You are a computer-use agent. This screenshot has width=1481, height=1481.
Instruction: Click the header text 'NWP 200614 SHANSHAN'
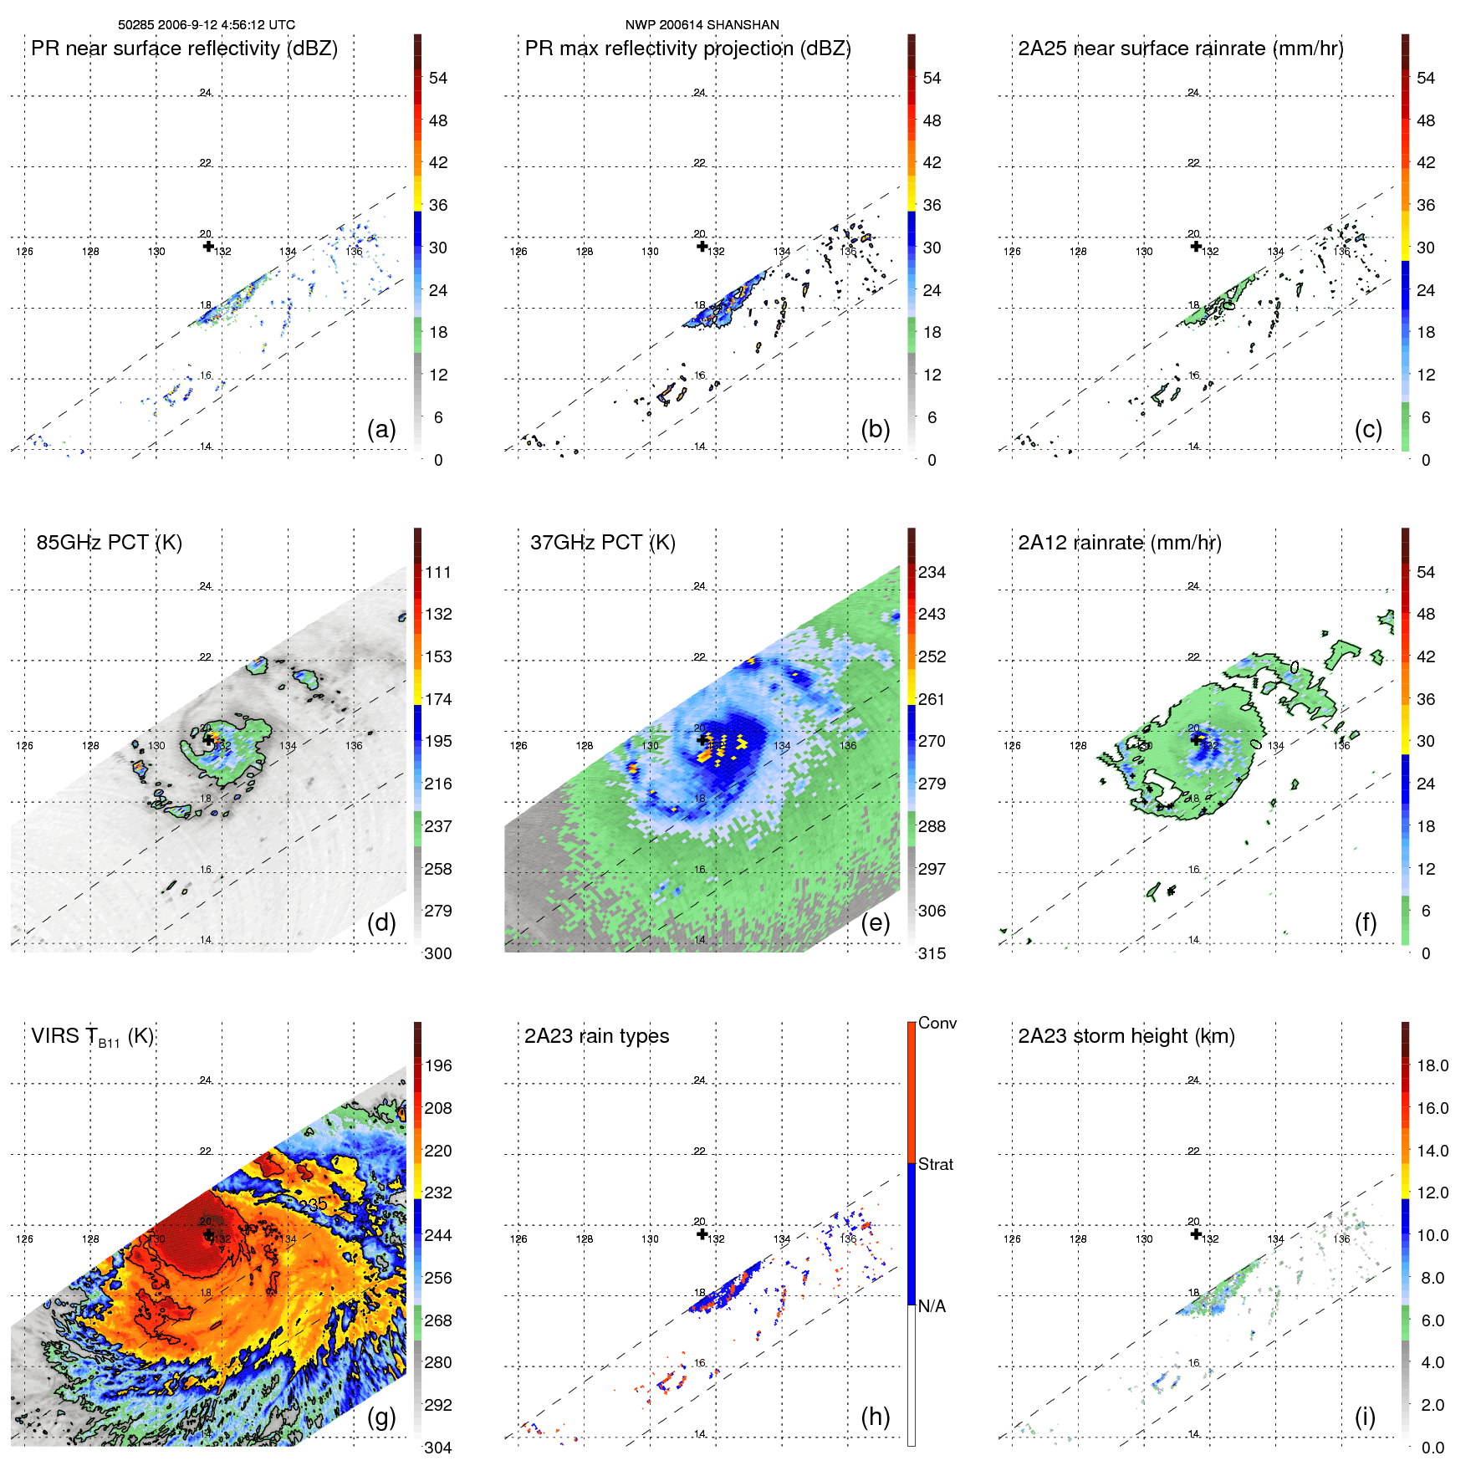pos(702,25)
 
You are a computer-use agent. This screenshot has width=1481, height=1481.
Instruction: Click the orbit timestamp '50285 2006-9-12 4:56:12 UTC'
pos(207,25)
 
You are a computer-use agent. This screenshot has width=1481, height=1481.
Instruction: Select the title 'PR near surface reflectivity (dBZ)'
pos(184,49)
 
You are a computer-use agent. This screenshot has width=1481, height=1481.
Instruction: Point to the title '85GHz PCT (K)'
pos(109,543)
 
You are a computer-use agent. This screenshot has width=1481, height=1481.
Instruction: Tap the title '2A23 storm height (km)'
pos(1126,1036)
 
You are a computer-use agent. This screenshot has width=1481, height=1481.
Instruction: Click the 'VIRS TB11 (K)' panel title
pos(92,1037)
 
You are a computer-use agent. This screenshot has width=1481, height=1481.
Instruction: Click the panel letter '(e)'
pos(875,922)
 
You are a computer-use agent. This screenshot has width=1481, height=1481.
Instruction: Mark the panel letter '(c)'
pos(1368,429)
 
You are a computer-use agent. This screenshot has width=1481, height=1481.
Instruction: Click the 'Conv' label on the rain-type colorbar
pos(937,1024)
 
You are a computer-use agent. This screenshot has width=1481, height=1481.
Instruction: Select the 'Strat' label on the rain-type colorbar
pos(935,1165)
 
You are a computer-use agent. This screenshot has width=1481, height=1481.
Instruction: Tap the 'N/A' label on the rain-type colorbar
pos(932,1306)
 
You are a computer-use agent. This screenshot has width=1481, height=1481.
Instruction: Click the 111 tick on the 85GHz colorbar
pos(438,573)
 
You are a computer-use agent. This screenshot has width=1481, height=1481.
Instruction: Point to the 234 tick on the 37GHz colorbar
pos(932,573)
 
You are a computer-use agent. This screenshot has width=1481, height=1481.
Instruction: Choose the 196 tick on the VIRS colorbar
pos(438,1066)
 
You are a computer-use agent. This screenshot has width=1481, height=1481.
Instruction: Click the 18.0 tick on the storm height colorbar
pos(1432,1066)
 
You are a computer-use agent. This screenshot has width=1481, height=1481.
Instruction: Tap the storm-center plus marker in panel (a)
pos(208,246)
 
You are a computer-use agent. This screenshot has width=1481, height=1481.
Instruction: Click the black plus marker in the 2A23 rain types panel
pos(702,1233)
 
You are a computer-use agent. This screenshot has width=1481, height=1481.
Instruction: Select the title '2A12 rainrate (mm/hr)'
pos(1119,543)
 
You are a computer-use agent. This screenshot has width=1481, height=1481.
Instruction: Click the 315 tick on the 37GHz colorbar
pos(932,954)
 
